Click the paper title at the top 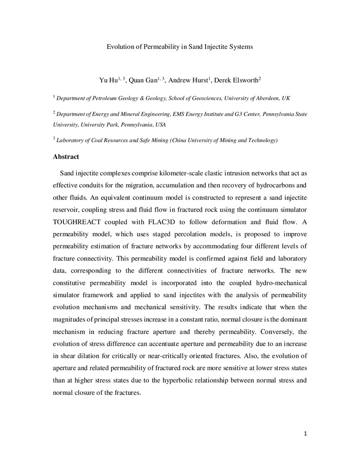pyautogui.click(x=180, y=47)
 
